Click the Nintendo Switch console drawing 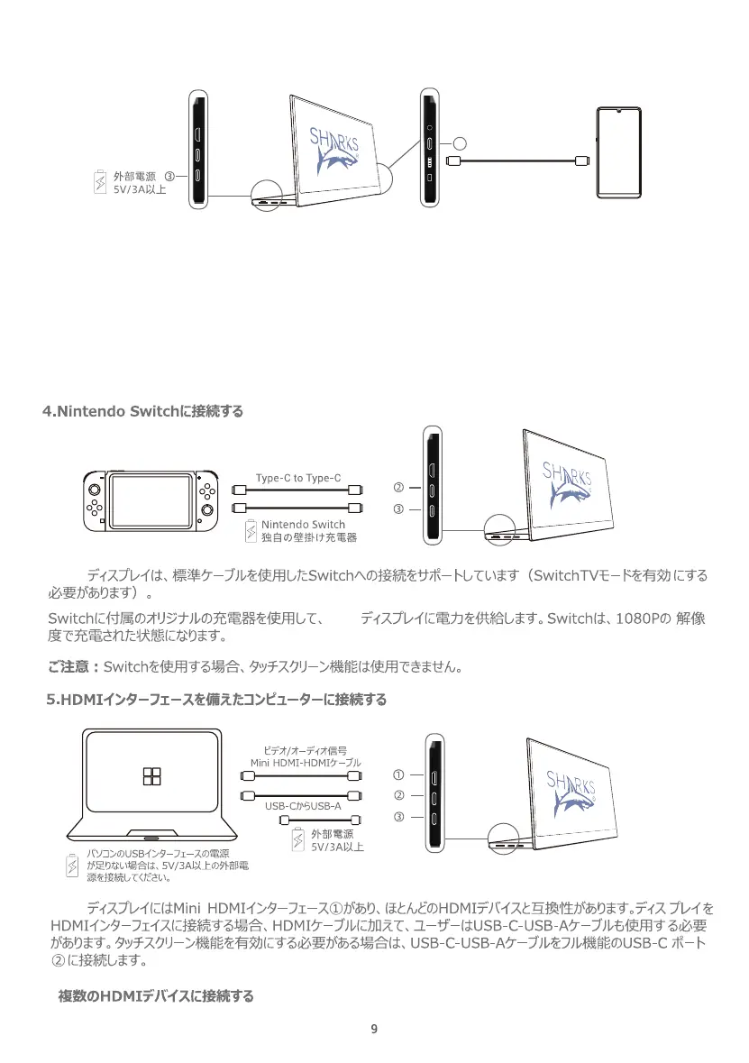pyautogui.click(x=149, y=499)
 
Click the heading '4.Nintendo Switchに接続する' pyautogui.click(x=143, y=412)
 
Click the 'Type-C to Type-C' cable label pyautogui.click(x=298, y=477)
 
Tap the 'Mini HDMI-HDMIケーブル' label pyautogui.click(x=306, y=762)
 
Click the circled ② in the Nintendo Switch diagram pyautogui.click(x=398, y=487)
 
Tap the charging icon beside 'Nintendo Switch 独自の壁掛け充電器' pyautogui.click(x=251, y=531)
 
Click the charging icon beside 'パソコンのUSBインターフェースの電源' pyautogui.click(x=74, y=865)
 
